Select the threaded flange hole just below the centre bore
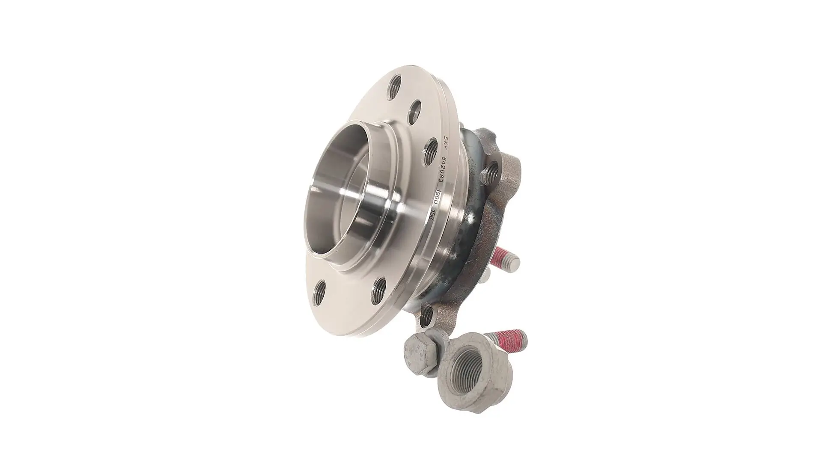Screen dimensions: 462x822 point(379,289)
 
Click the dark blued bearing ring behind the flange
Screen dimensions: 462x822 point(475,201)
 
